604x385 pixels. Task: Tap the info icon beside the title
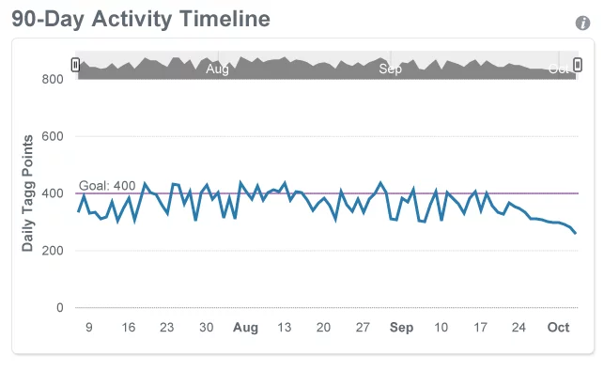point(582,23)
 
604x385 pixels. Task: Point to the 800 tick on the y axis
point(52,79)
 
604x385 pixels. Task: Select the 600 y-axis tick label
point(52,136)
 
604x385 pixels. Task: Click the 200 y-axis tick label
point(52,251)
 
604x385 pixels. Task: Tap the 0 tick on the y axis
point(59,308)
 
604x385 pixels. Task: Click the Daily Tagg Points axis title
point(28,193)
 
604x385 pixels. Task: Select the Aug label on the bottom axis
point(245,328)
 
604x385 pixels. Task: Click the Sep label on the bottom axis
point(401,328)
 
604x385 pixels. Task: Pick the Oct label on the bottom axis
point(559,328)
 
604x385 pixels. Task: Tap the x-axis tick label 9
point(88,328)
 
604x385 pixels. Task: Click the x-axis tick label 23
point(167,328)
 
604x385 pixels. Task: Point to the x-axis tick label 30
point(206,328)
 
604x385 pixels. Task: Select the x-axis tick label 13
point(285,328)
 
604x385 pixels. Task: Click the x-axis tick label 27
point(363,328)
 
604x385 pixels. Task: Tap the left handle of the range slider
point(75,65)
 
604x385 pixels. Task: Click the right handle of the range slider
point(578,65)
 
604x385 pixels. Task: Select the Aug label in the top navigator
point(217,69)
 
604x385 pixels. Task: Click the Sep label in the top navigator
point(390,69)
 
